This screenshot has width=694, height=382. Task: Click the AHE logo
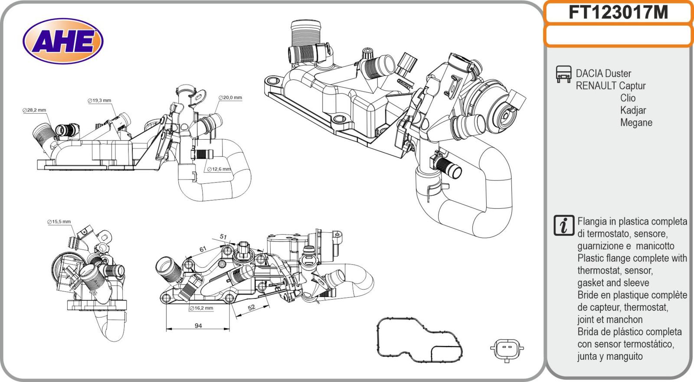(x=63, y=42)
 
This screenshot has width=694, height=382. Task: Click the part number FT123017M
(x=618, y=13)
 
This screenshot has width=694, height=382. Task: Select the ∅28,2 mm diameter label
(x=34, y=110)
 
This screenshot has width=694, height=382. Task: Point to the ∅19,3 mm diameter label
(x=99, y=101)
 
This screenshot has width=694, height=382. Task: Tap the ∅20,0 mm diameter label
(x=230, y=98)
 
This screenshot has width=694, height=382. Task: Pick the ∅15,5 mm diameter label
(x=59, y=222)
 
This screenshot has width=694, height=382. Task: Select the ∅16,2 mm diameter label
(x=201, y=308)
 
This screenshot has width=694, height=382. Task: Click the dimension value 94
(x=198, y=326)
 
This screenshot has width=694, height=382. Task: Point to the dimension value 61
(x=203, y=249)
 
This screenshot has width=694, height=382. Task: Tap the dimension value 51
(x=223, y=237)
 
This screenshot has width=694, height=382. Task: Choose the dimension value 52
(x=251, y=307)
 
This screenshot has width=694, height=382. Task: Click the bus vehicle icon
(x=563, y=74)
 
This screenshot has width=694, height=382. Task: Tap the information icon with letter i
(x=563, y=225)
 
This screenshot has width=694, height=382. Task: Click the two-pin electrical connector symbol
(x=507, y=348)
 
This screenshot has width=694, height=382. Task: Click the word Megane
(x=636, y=123)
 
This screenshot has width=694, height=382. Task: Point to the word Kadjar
(x=633, y=111)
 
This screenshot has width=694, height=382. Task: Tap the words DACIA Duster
(x=603, y=74)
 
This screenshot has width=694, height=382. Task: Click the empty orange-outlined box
(x=618, y=36)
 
